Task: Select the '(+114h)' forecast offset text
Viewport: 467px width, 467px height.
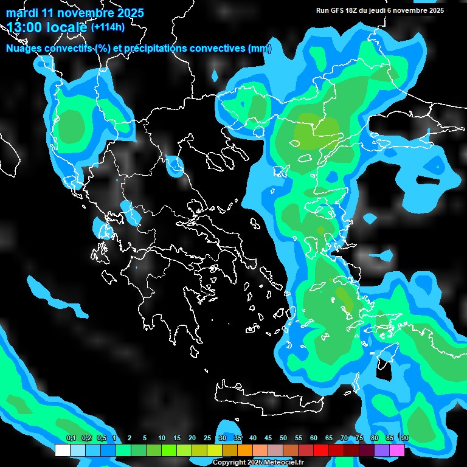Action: (108, 27)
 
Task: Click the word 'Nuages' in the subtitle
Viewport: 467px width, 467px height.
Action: (24, 49)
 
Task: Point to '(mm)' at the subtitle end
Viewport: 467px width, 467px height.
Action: (260, 49)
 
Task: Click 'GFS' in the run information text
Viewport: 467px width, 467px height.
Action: (339, 10)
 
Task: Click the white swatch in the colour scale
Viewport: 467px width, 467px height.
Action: (62, 450)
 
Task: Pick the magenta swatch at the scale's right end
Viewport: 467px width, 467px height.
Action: (397, 450)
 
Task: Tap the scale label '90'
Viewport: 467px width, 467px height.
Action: (405, 438)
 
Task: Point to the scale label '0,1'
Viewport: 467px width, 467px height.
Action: (71, 438)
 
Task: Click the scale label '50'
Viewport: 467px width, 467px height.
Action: (283, 438)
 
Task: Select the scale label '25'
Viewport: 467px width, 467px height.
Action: (207, 438)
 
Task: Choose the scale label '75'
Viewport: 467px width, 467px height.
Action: (359, 438)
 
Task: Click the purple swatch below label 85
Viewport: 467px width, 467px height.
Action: (382, 450)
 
